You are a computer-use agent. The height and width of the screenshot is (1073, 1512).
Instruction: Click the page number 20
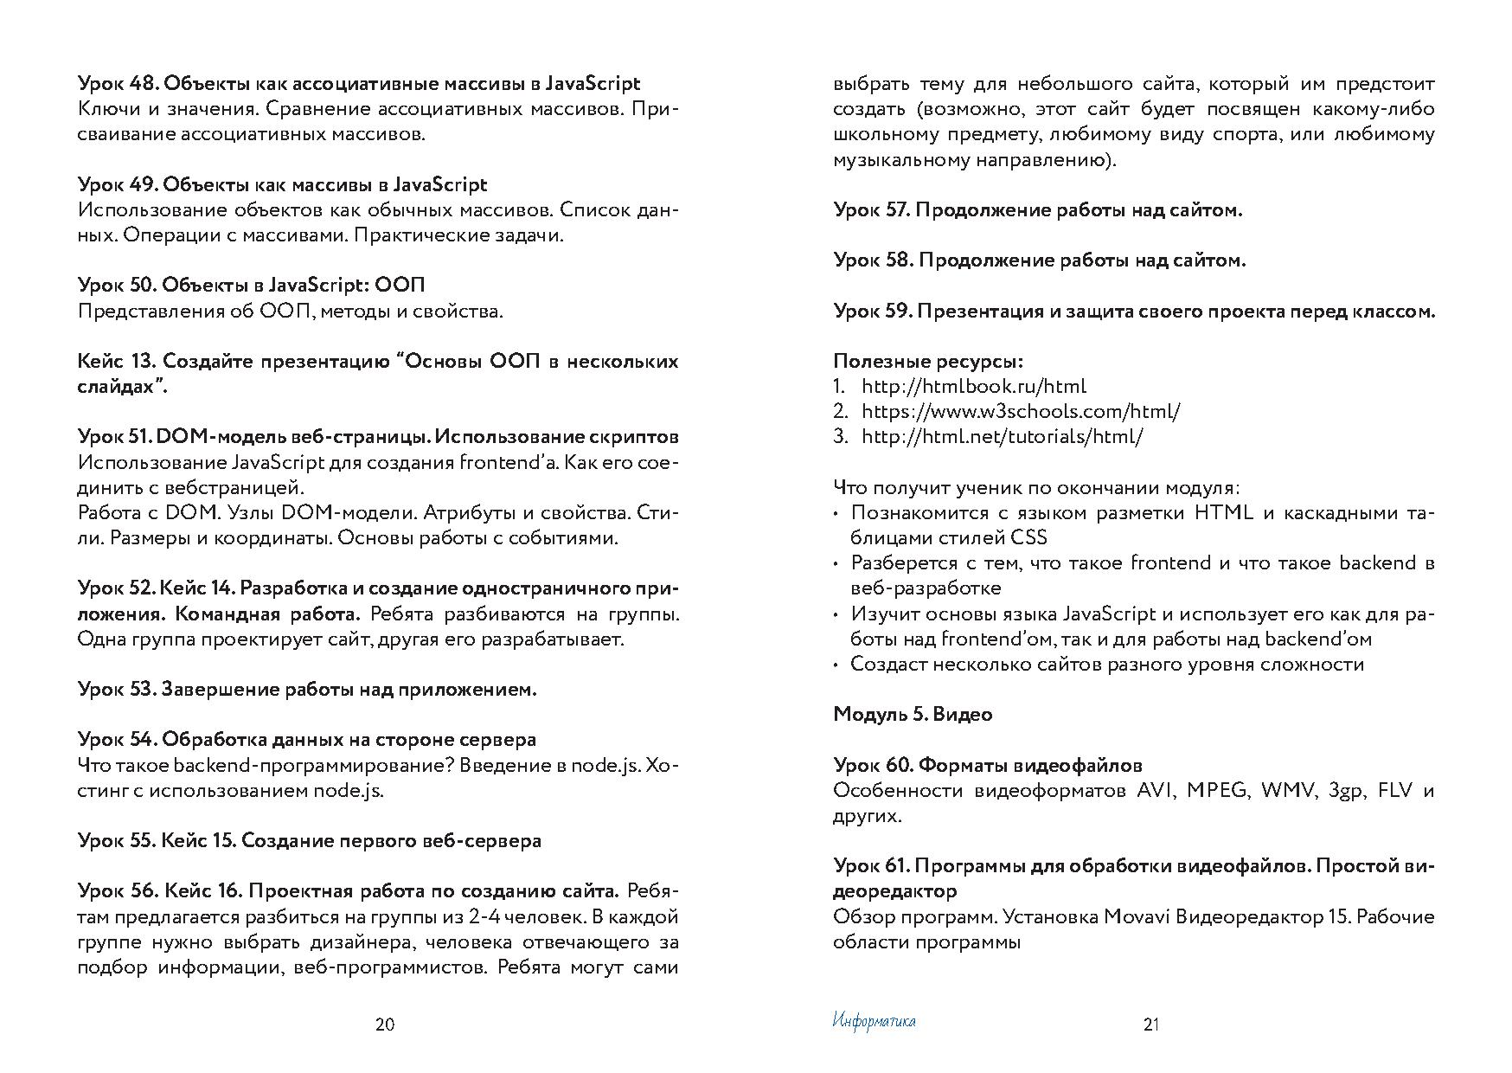pyautogui.click(x=385, y=1025)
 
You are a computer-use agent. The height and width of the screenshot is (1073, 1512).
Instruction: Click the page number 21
pyautogui.click(x=1150, y=1025)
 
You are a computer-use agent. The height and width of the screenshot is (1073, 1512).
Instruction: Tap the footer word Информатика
pyautogui.click(x=874, y=1021)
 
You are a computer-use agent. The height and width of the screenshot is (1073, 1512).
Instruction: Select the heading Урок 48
pyautogui.click(x=358, y=84)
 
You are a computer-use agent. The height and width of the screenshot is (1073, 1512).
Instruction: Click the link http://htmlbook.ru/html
pyautogui.click(x=974, y=386)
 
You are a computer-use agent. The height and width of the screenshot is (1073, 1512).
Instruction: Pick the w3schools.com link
pyautogui.click(x=1021, y=411)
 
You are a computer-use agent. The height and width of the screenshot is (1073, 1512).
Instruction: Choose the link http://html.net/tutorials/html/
pyautogui.click(x=1003, y=436)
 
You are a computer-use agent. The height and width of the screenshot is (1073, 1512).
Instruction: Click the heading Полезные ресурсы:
pyautogui.click(x=928, y=361)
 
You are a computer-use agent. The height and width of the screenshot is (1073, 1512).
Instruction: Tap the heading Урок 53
pyautogui.click(x=307, y=690)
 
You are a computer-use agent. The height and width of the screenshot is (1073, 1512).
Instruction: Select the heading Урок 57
pyautogui.click(x=1038, y=210)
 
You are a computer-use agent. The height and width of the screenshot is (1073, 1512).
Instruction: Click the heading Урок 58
pyautogui.click(x=1040, y=260)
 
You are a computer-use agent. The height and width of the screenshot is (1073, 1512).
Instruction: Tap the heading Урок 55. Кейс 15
pyautogui.click(x=310, y=841)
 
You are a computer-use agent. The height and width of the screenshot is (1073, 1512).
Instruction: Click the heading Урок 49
pyautogui.click(x=282, y=184)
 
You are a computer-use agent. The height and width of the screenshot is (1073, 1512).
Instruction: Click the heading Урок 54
pyautogui.click(x=306, y=740)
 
